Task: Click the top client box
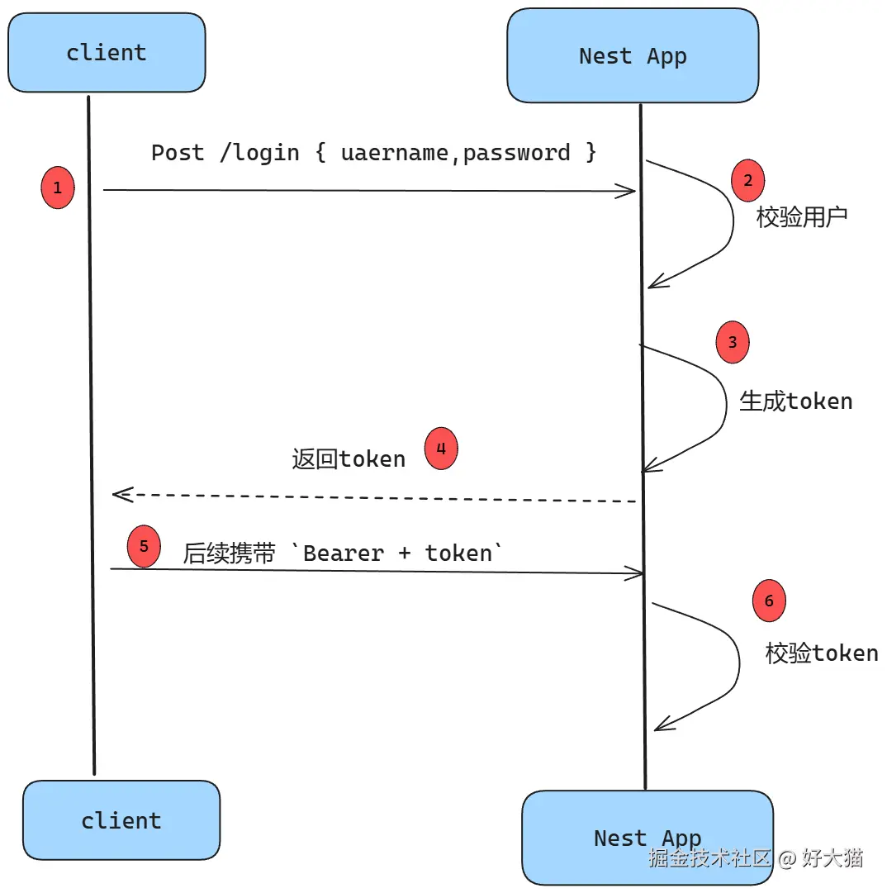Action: pos(107,52)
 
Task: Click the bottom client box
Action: pos(121,820)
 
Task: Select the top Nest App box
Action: pos(633,56)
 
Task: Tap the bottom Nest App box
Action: pos(647,838)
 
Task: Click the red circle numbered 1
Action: pos(57,188)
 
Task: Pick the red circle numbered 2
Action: pos(748,181)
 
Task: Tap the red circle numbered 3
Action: pos(733,343)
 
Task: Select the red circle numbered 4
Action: pos(441,449)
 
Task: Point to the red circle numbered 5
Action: pos(144,547)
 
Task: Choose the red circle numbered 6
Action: pos(769,601)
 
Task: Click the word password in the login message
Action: pos(517,153)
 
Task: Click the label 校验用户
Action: pos(802,217)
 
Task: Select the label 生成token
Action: pos(795,401)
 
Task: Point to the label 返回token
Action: pos(349,459)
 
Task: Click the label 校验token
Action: pos(822,653)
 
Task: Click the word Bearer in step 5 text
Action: pos(344,553)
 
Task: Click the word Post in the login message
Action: pos(178,153)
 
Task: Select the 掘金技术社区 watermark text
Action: pos(709,857)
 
